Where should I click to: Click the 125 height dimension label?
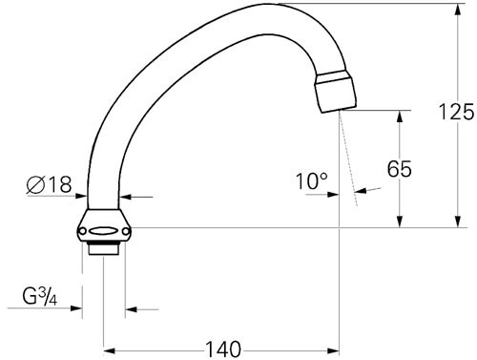[456, 112]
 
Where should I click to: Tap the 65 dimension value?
[400, 169]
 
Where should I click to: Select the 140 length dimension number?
[223, 349]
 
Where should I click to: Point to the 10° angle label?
[312, 180]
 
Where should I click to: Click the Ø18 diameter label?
[50, 184]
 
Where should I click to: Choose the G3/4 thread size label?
[40, 297]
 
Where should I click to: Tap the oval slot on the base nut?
[103, 231]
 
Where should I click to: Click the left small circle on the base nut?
[82, 231]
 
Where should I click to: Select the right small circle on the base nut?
[126, 231]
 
